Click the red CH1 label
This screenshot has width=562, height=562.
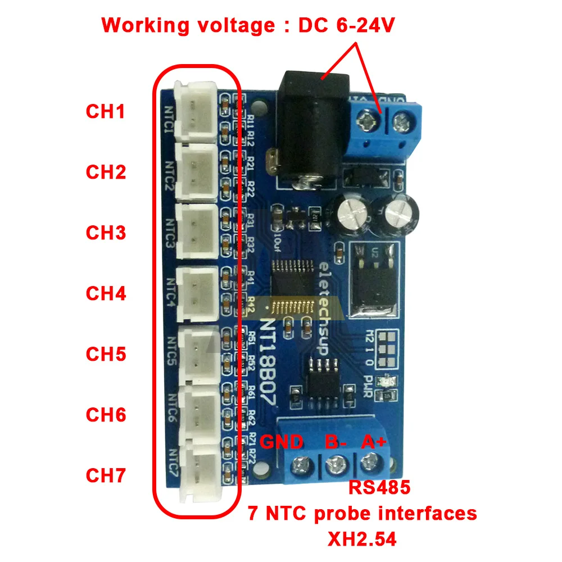[105, 111]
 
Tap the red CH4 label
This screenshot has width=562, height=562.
[105, 293]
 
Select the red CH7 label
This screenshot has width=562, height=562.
[105, 475]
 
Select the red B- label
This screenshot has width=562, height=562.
[336, 442]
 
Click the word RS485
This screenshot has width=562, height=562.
[379, 487]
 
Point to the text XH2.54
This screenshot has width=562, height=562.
[362, 540]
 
